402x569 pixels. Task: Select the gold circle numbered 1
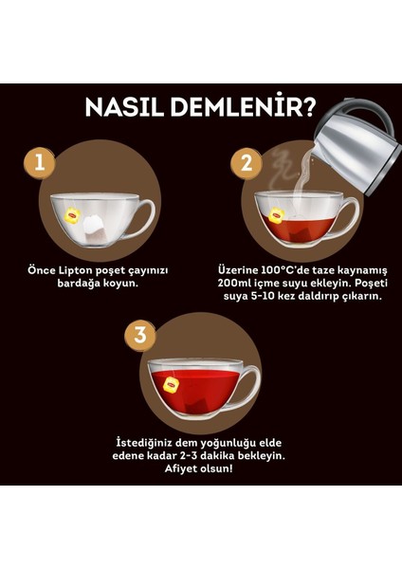click(40, 161)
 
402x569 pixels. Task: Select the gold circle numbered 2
click(247, 162)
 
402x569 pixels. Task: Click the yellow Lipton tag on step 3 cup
click(171, 384)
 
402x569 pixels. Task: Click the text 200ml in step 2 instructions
click(234, 283)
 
